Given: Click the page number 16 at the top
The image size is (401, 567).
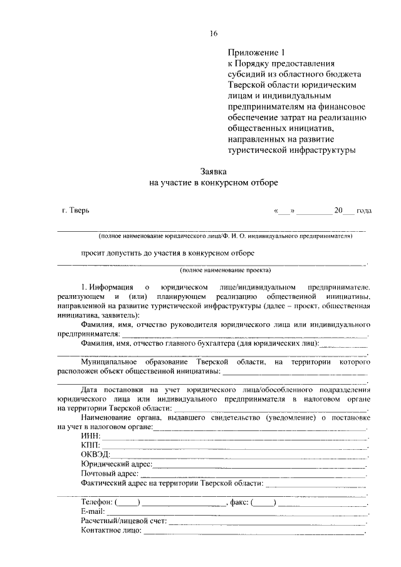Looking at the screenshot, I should click(213, 33).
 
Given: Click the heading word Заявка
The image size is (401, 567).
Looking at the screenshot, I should click(213, 170).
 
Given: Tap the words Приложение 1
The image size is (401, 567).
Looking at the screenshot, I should click(253, 53).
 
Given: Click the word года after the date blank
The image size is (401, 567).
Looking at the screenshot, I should click(364, 211).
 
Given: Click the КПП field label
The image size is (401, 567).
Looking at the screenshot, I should click(91, 444).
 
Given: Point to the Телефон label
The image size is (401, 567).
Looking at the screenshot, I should click(96, 502).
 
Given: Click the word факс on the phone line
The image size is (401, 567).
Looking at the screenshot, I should click(240, 502).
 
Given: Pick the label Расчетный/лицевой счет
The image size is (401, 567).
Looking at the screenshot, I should click(123, 521).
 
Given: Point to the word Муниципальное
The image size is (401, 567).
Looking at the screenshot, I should click(112, 362).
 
